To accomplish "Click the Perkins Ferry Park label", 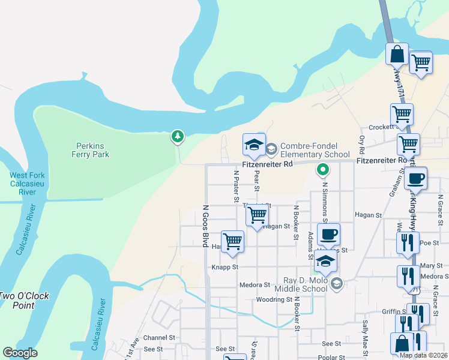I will click(91, 150).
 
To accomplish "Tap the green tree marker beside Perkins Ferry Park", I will click(177, 137).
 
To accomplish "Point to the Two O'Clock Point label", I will click(25, 300).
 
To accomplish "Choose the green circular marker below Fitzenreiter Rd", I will click(323, 170).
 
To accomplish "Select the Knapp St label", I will click(224, 267).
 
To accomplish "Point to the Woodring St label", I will click(274, 299).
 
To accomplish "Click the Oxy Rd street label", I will click(361, 143).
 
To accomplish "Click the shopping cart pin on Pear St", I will click(257, 215).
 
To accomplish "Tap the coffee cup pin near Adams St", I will click(328, 235).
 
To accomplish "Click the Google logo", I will click(20, 353).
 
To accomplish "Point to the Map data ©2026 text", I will click(423, 355).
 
